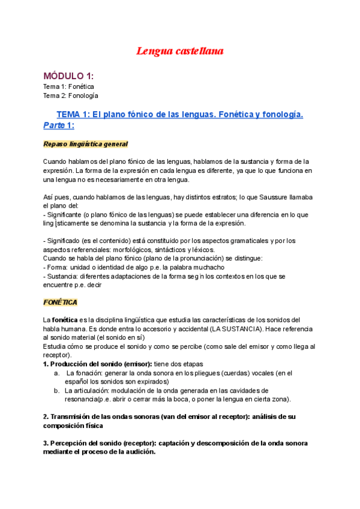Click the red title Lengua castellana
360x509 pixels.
pos(179,52)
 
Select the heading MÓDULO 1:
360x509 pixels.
pos(68,76)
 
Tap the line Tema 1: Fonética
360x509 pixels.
pos(68,86)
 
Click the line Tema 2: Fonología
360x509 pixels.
pos(71,95)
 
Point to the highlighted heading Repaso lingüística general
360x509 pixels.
pos(85,145)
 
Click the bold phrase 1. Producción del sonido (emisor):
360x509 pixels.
pos(94,364)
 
